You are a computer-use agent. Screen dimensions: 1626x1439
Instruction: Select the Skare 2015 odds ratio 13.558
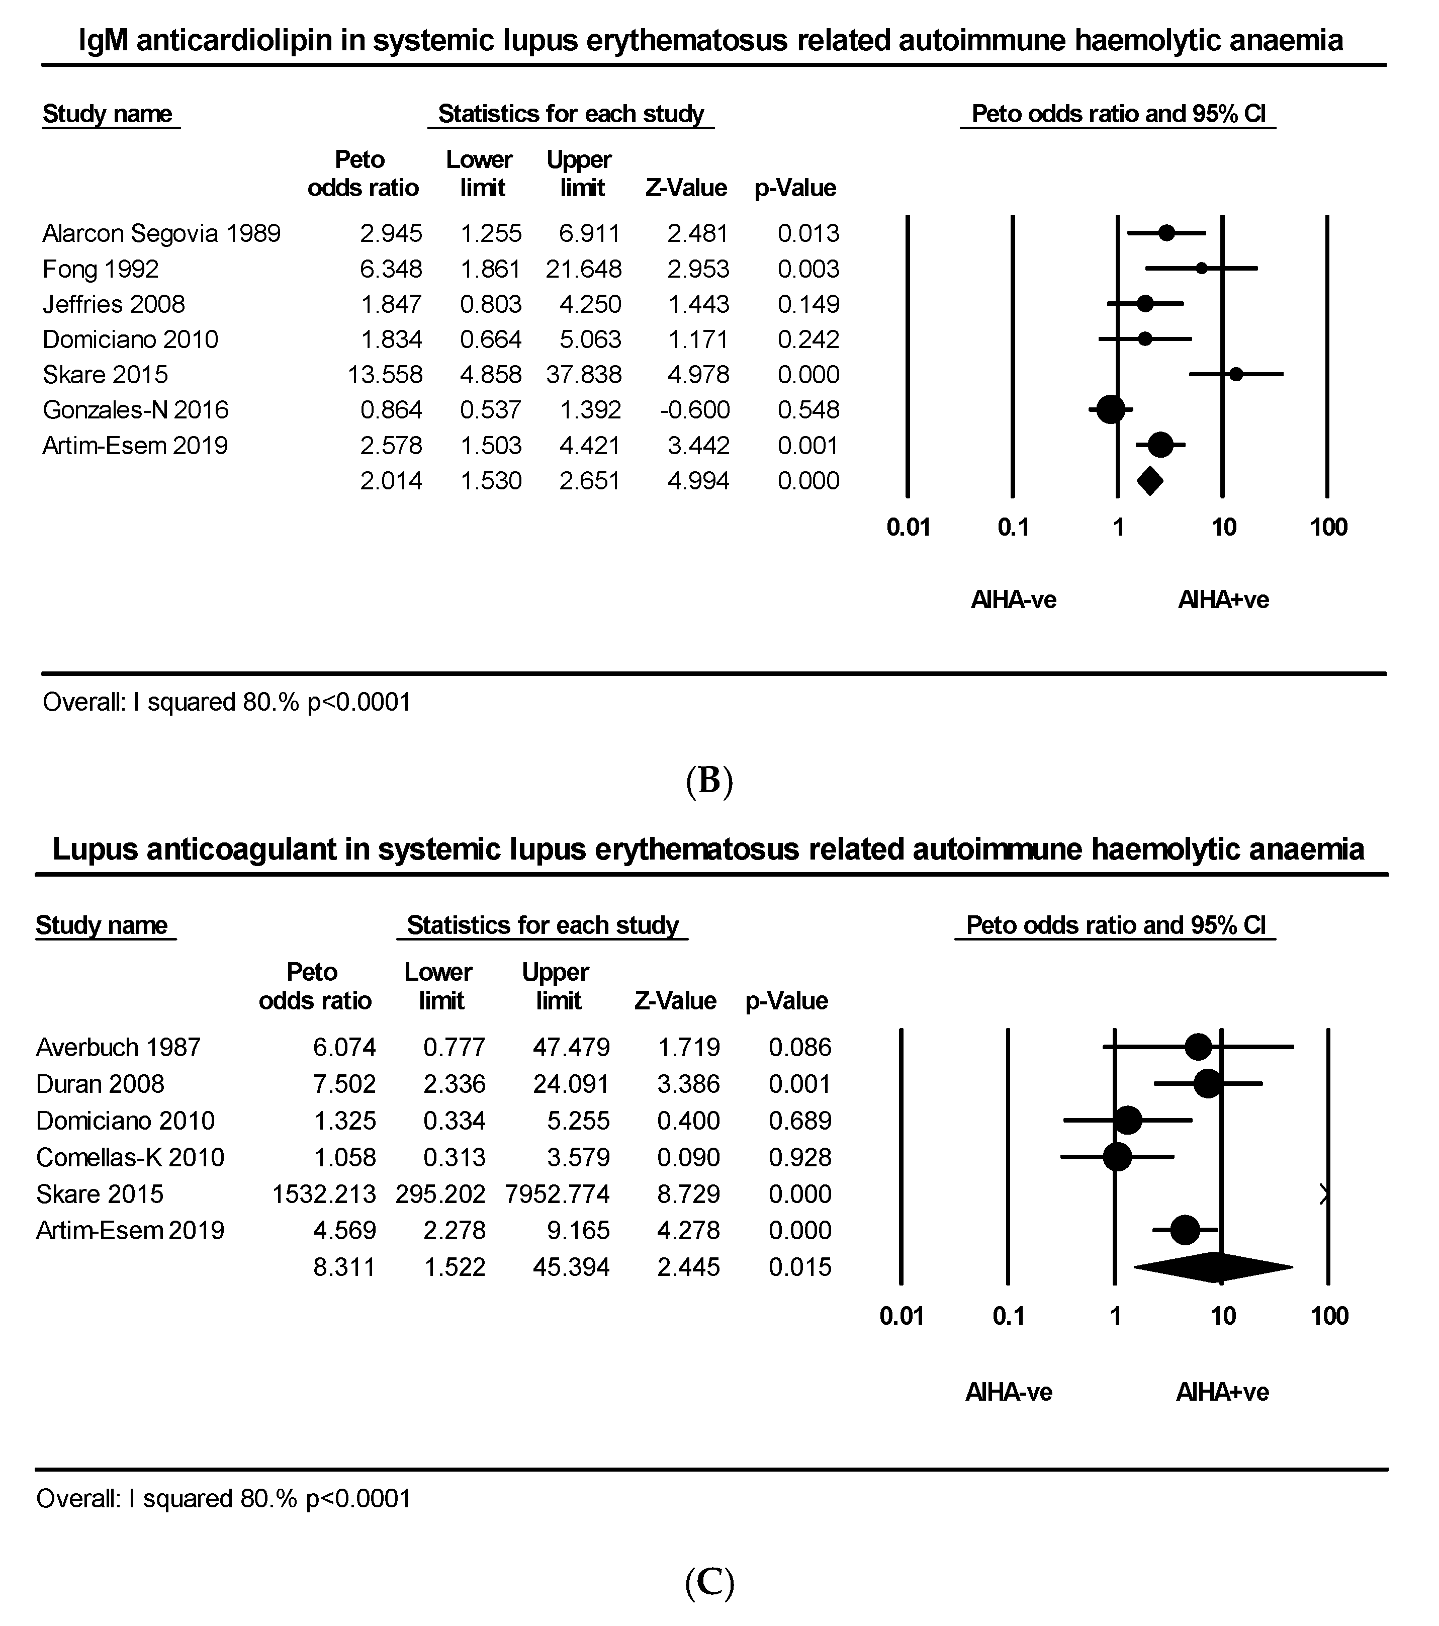pos(385,375)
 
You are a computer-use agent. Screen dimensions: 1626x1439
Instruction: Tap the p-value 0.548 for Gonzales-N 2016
pos(808,410)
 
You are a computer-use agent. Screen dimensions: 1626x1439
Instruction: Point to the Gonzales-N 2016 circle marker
pos(1111,410)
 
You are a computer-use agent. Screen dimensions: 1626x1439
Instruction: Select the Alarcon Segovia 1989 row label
pos(161,233)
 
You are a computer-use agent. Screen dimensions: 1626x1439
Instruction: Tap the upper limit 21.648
pos(583,269)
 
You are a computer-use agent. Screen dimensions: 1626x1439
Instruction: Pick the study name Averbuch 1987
pos(119,1047)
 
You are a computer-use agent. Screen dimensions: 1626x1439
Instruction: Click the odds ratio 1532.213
pos(324,1194)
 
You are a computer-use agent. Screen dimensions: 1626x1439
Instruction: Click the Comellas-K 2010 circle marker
pos(1118,1157)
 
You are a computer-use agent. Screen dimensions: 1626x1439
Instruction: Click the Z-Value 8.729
pos(688,1194)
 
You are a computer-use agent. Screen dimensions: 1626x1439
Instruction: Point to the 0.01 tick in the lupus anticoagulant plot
pos(902,1317)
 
